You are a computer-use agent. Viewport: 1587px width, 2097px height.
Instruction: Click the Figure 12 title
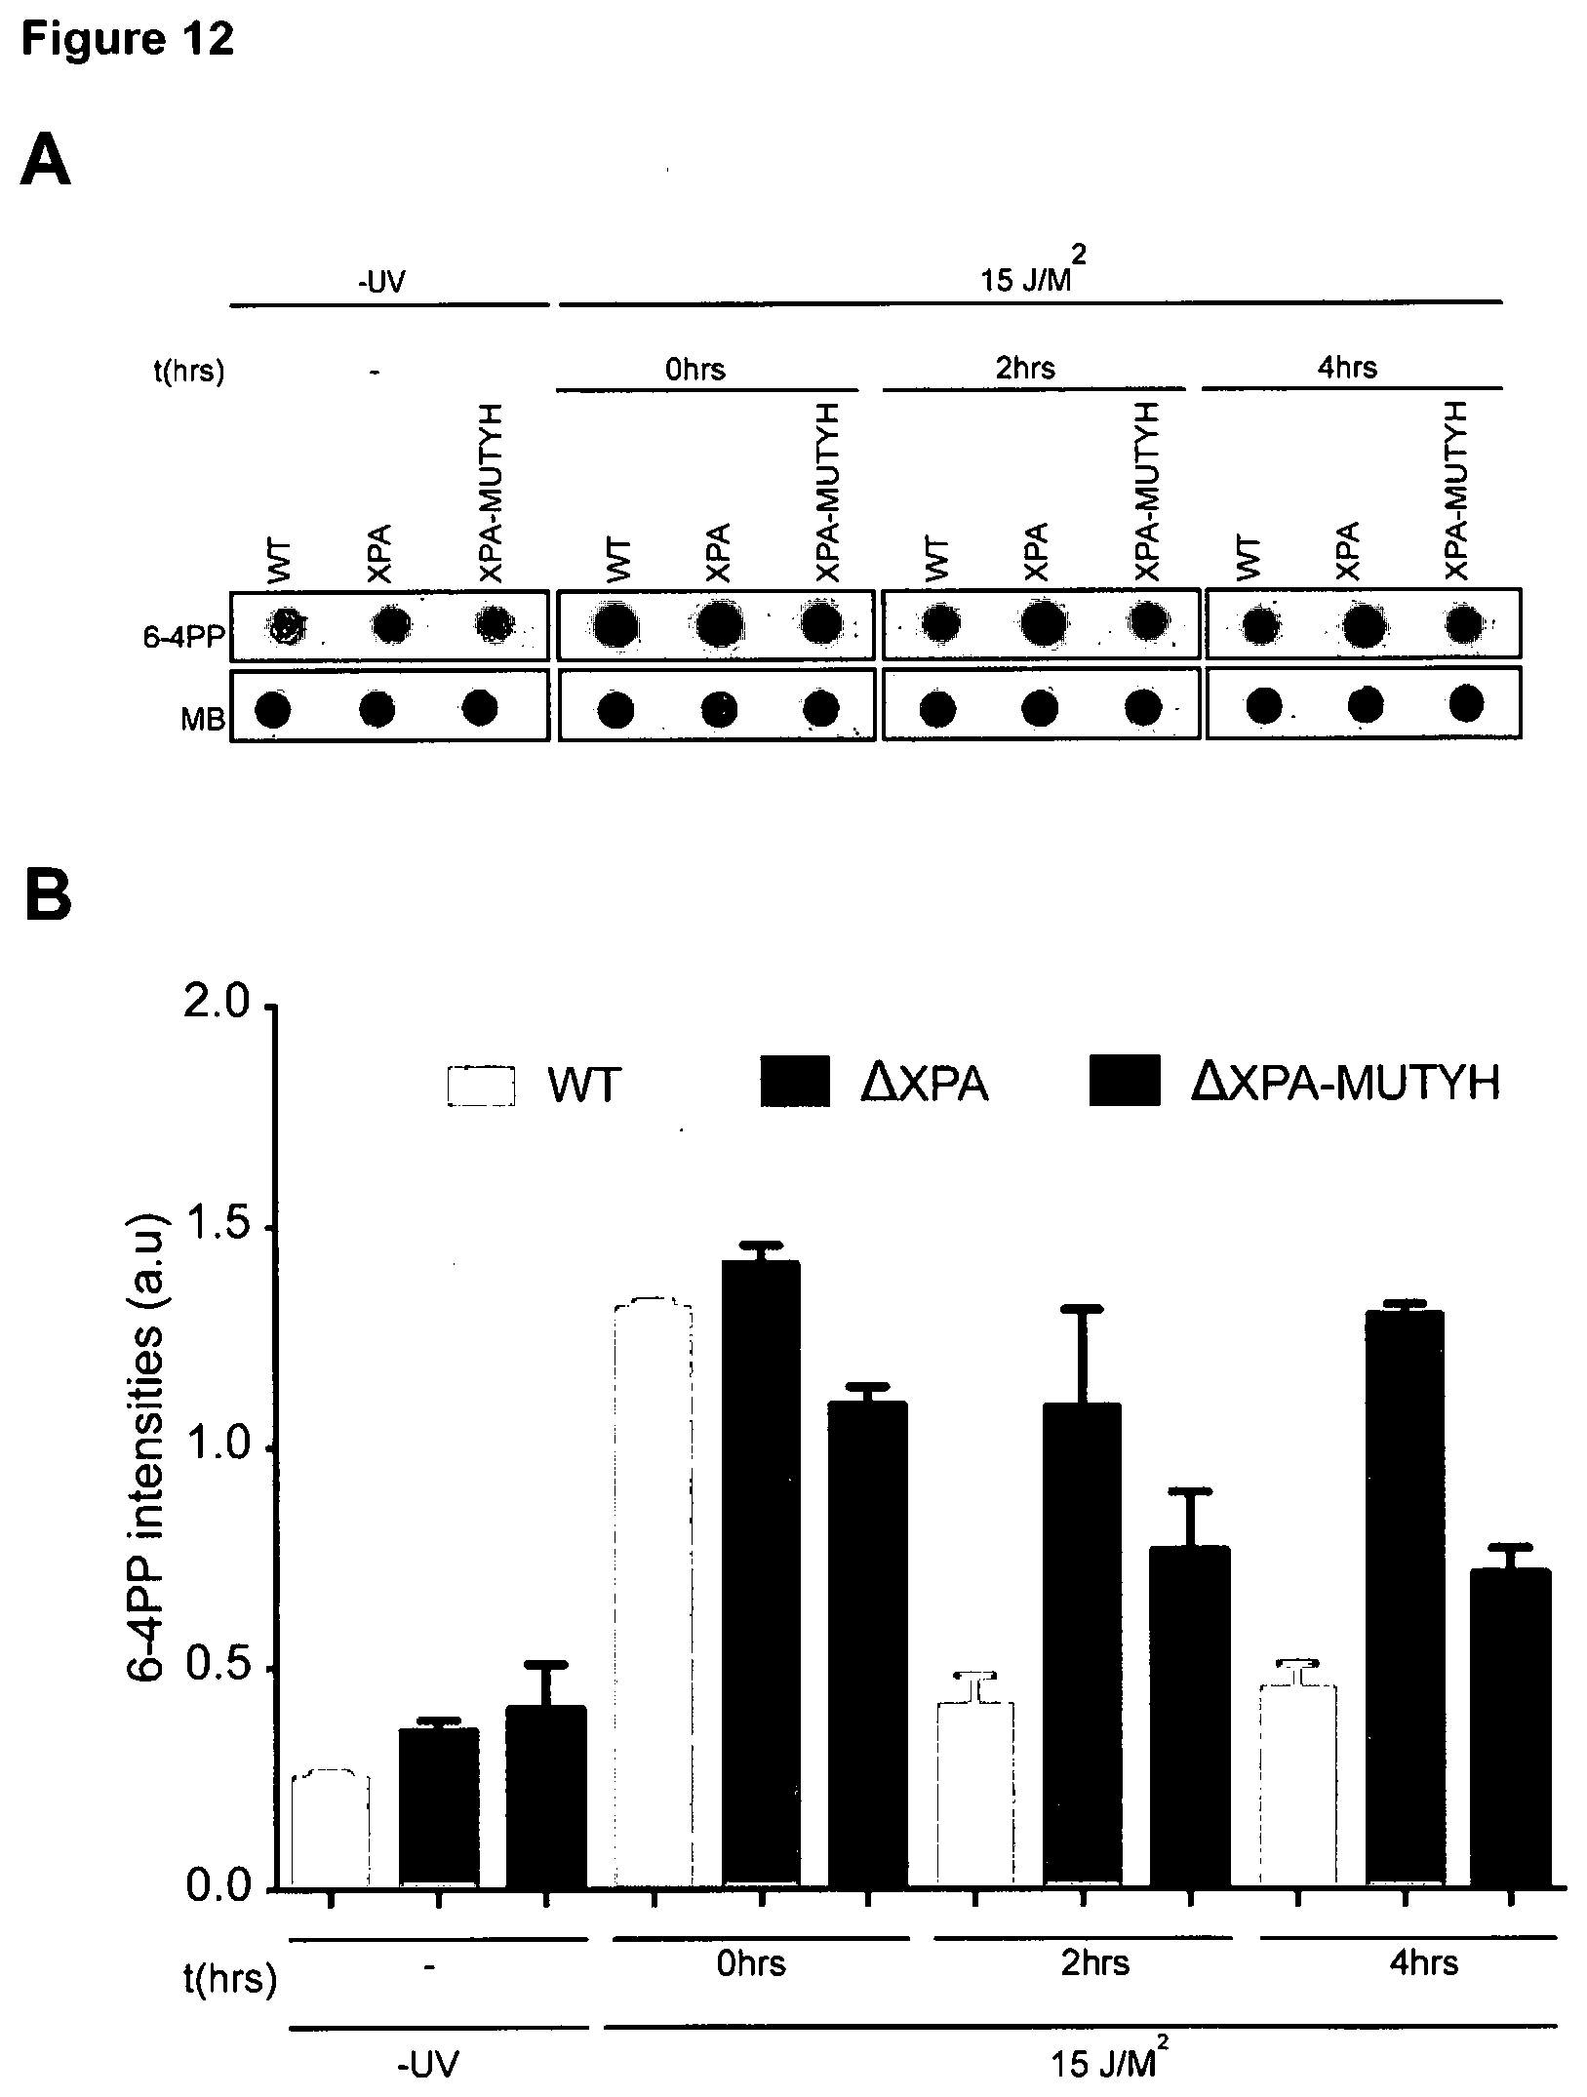coord(127,40)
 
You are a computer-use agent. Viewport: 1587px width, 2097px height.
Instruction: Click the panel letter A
coord(46,162)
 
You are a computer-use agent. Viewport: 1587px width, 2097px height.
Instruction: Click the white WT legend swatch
coord(481,1086)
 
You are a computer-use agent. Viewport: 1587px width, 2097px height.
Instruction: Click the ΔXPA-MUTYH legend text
coord(1344,1084)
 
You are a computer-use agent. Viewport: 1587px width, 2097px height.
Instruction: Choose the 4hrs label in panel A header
coord(1348,367)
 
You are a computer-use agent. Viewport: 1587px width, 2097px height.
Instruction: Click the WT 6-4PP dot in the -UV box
coord(287,626)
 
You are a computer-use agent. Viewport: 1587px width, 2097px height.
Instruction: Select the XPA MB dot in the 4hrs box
coord(1365,704)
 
